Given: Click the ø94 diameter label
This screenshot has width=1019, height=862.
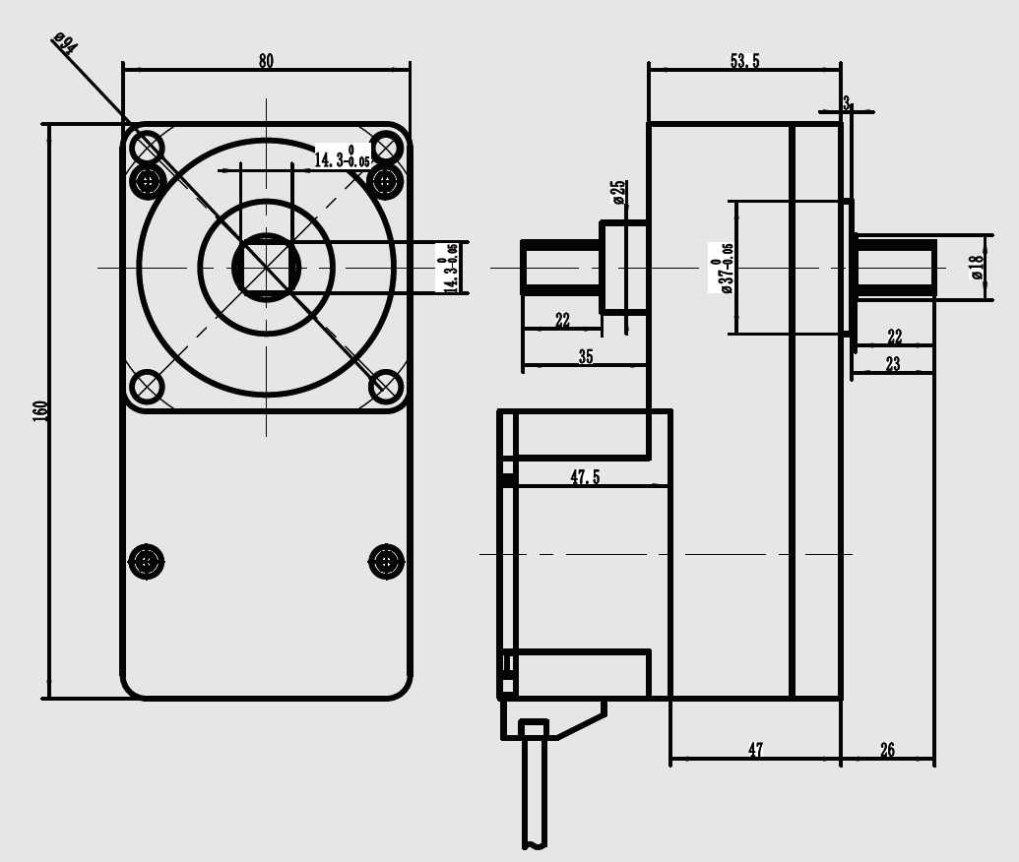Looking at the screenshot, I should [x=66, y=44].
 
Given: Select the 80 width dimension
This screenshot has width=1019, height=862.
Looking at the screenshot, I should [x=266, y=61].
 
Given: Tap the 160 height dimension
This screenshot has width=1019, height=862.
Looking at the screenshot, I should [x=41, y=410].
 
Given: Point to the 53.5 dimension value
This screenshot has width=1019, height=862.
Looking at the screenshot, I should [x=744, y=61].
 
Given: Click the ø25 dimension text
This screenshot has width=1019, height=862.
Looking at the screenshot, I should [x=618, y=192].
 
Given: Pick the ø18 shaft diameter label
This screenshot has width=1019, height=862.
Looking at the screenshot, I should [x=976, y=267].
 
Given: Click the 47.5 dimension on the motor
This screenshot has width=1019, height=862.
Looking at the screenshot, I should [x=585, y=477].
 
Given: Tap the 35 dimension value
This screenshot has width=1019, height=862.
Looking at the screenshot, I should [x=586, y=357].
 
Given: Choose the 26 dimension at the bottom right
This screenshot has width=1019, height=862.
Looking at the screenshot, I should [x=887, y=751].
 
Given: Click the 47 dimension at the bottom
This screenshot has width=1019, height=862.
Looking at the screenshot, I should [x=755, y=751].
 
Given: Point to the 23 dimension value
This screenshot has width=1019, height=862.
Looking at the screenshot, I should [x=892, y=364].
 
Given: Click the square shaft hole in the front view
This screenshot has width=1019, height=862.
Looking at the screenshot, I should [x=266, y=267].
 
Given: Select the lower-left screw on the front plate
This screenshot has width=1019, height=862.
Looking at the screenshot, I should [x=147, y=562].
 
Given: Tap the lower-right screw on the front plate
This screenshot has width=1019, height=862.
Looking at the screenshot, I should [x=386, y=562].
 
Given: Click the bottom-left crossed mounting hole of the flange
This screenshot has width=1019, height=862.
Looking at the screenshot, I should [x=147, y=387].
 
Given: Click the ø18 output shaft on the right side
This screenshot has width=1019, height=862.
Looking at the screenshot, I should [x=895, y=267].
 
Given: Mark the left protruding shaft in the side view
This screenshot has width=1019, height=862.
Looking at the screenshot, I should [x=560, y=267].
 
